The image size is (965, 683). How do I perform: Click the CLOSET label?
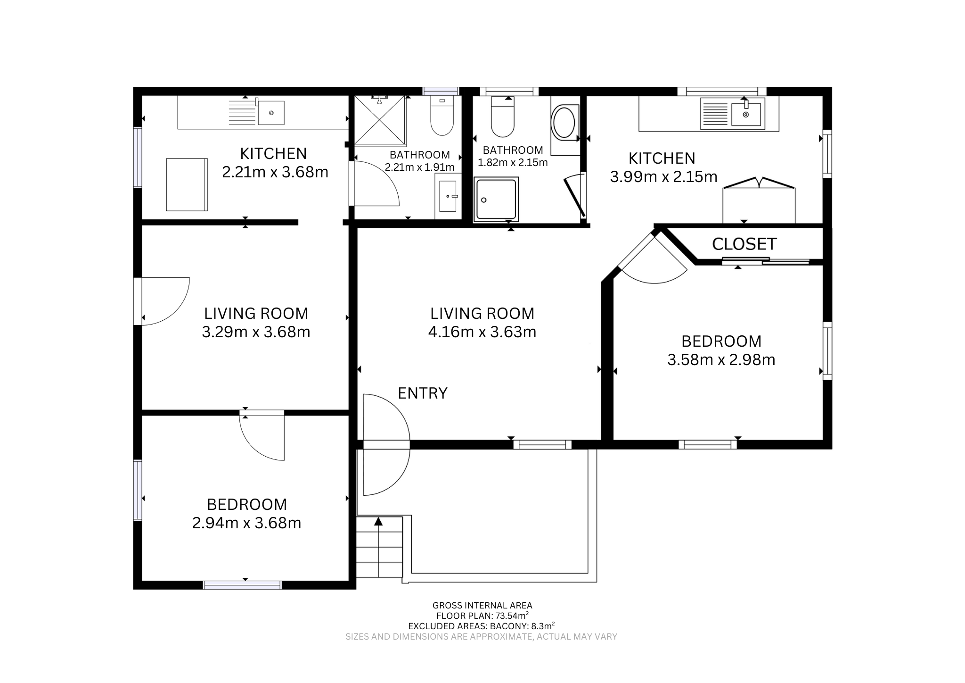(x=744, y=244)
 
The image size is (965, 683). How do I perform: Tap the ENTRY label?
(x=422, y=393)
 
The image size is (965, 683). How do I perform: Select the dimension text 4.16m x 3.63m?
(x=482, y=332)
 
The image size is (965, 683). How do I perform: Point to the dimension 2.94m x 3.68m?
(x=246, y=523)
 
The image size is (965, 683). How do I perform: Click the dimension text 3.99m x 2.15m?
(x=663, y=177)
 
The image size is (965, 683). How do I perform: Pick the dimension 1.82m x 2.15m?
(x=513, y=163)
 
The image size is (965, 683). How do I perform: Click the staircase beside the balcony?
(x=379, y=547)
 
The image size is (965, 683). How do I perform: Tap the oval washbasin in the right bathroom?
(x=564, y=122)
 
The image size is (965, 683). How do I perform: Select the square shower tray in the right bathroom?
(x=496, y=199)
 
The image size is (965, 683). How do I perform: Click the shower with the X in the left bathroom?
(x=380, y=120)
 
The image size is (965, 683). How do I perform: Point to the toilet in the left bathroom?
(x=442, y=116)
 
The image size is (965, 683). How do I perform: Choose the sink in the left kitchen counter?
(x=271, y=113)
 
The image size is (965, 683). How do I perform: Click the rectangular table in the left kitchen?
(x=187, y=184)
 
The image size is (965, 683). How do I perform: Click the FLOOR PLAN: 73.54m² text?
(x=482, y=616)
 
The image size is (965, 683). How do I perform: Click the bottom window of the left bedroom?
(x=242, y=585)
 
